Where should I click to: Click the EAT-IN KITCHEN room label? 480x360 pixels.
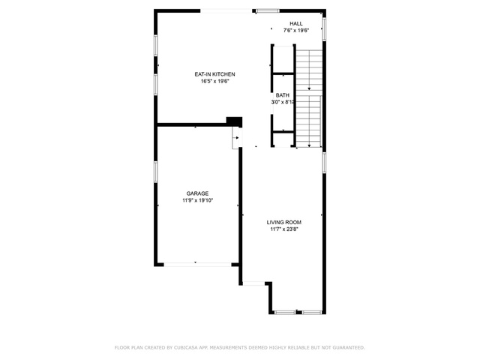pos(215,74)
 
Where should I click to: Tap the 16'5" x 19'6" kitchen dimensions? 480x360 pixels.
pos(215,82)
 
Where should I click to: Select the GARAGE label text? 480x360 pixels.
pos(197,193)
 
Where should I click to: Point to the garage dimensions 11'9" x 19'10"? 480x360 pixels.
pos(198,200)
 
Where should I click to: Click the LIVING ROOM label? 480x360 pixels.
pos(284,223)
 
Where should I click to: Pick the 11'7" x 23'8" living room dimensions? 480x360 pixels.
pos(284,229)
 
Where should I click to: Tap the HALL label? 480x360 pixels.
pos(296,23)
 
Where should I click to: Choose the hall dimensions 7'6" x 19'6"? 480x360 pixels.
pos(296,30)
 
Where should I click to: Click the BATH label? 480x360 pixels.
pos(283,95)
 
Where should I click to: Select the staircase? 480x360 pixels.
pos(309,98)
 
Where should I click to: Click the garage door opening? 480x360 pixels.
pos(198,265)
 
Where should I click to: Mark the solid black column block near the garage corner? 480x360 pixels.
pos(234,121)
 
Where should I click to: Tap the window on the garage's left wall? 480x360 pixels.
pos(156,172)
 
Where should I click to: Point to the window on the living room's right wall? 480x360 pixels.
pos(324,163)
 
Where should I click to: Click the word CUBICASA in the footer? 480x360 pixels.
pos(185,347)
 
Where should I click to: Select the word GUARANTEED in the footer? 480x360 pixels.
pos(349,347)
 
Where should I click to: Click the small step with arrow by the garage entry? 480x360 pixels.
pos(235,138)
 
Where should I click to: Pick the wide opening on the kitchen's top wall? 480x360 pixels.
pos(226,11)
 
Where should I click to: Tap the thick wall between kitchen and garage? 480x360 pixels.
pos(192,124)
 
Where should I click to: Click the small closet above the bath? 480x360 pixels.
pos(283,60)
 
